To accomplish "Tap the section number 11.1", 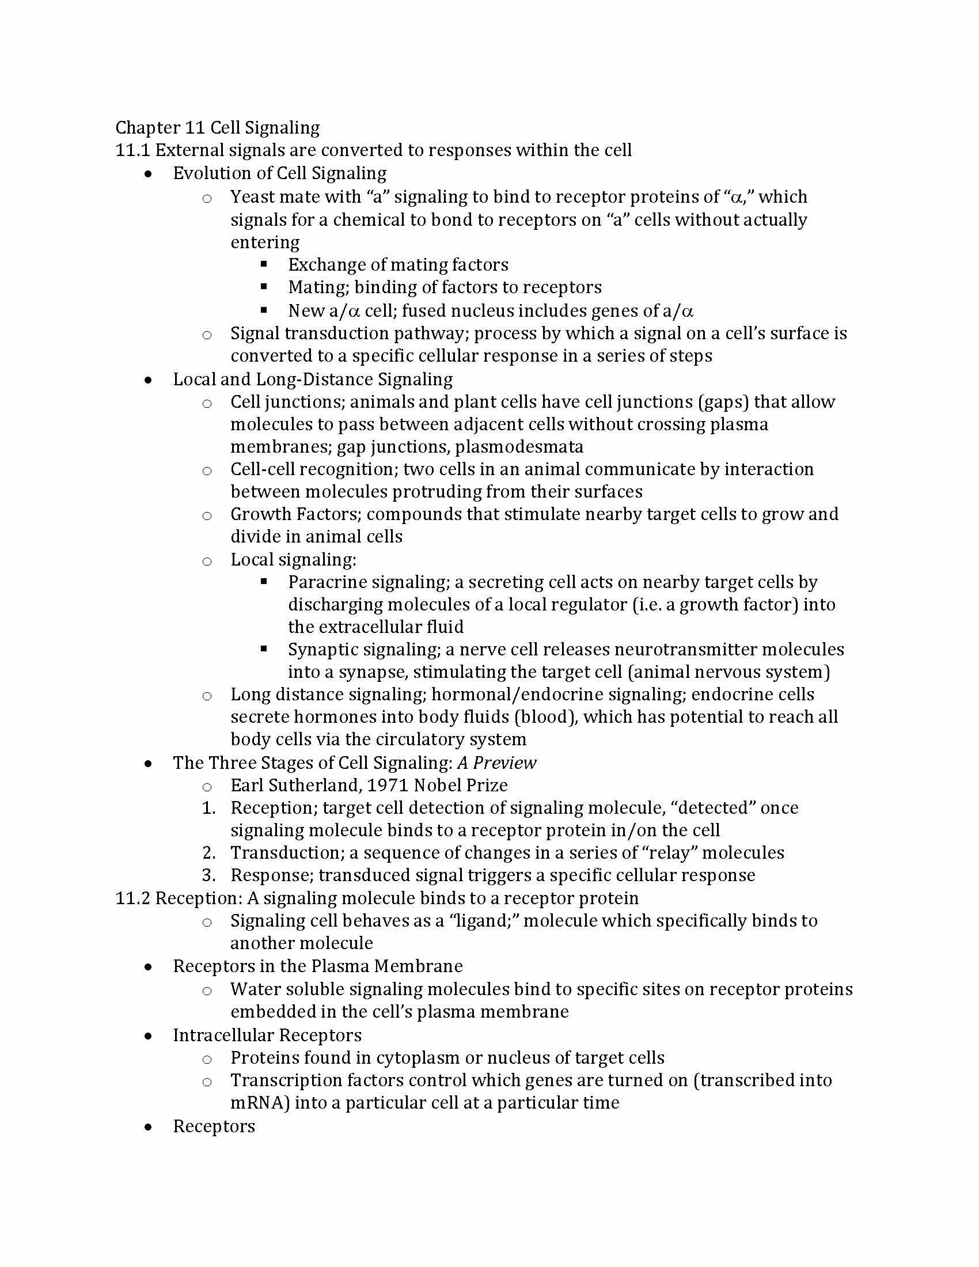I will [133, 150].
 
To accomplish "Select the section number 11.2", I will [133, 898].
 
